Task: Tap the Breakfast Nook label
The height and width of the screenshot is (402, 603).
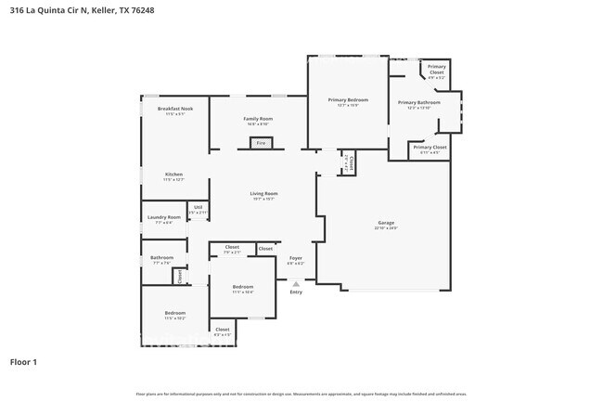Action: click(174, 110)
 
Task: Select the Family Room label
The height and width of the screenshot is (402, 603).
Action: click(258, 119)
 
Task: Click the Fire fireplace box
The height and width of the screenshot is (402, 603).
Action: click(261, 143)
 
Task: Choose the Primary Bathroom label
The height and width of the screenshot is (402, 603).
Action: click(418, 103)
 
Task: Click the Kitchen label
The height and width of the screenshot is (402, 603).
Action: click(173, 175)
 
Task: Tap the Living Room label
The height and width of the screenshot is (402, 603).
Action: click(263, 194)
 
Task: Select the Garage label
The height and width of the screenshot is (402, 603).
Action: click(386, 223)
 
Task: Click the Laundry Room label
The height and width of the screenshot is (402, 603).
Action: click(163, 217)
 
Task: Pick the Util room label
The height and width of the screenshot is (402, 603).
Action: click(198, 208)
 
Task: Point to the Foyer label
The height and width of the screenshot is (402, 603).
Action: click(295, 258)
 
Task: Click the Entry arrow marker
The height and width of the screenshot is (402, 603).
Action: click(296, 283)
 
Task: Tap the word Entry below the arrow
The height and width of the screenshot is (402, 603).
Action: click(296, 292)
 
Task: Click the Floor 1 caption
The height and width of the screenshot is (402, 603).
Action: click(23, 361)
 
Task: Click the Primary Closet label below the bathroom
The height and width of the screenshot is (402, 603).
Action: click(430, 147)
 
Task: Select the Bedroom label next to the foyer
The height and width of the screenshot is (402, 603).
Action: click(242, 287)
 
